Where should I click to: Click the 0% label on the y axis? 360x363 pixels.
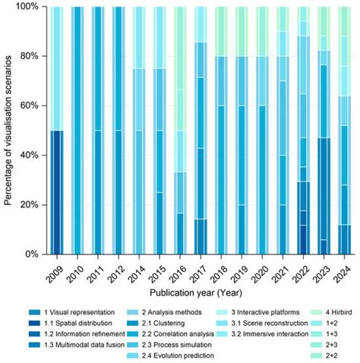tap(32, 254)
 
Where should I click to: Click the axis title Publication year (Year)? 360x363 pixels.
tap(196, 293)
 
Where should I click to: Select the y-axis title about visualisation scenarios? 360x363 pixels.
tap(8, 131)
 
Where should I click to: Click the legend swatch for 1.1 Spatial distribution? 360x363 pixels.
tap(34, 324)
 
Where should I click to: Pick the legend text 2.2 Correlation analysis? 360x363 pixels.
tap(178, 334)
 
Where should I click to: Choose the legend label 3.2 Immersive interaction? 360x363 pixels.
tap(270, 334)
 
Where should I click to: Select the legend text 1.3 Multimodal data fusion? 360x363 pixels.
tap(84, 345)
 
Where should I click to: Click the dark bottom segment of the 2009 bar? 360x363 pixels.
tap(57, 192)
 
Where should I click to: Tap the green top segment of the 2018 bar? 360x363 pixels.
tap(221, 31)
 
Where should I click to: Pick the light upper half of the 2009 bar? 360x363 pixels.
tap(57, 68)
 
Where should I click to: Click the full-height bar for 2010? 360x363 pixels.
tap(77, 130)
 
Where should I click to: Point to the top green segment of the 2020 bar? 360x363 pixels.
tap(262, 31)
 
